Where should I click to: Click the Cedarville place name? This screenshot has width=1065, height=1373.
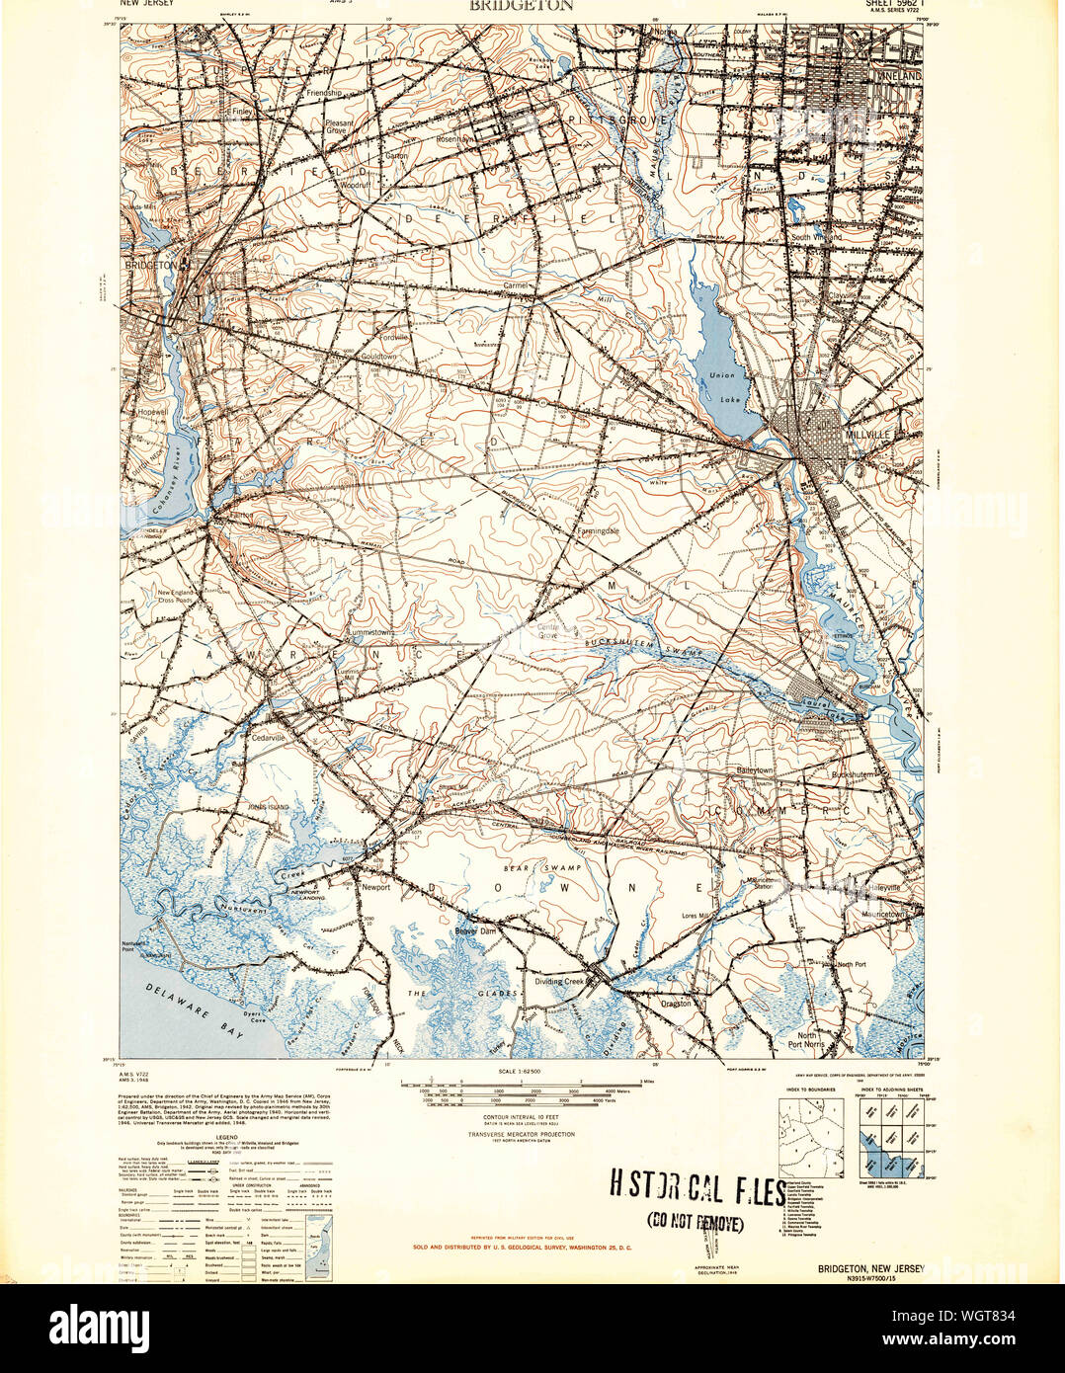coord(270,737)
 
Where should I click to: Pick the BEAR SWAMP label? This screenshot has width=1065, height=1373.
coord(554,866)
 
